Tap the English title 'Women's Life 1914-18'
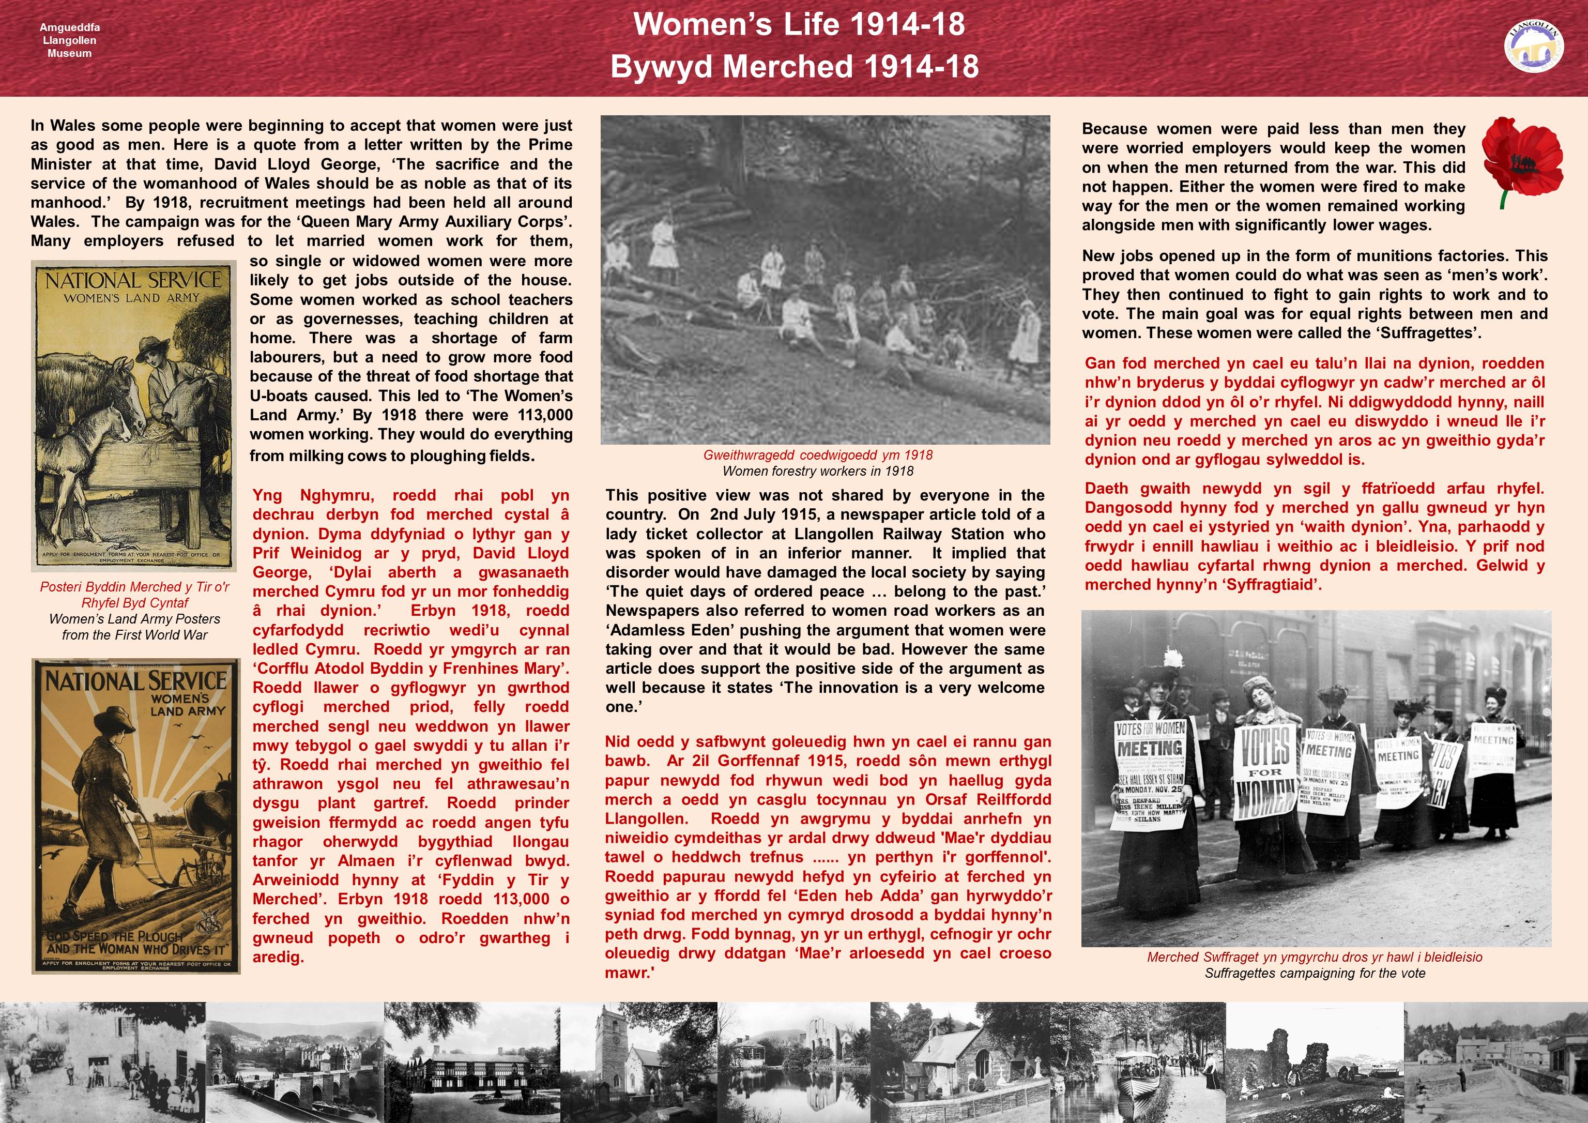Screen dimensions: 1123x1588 click(x=799, y=25)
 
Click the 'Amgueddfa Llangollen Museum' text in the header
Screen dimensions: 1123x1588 click(x=69, y=40)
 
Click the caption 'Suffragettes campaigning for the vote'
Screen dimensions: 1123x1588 click(x=1314, y=973)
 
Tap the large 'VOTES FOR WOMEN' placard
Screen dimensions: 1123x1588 click(x=1264, y=771)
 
